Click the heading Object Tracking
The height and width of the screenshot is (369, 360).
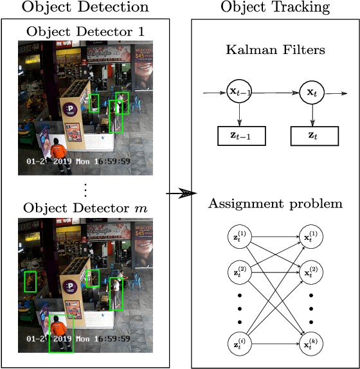click(275, 8)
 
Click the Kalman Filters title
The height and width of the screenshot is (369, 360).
click(275, 50)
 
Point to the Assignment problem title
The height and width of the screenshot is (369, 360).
click(275, 204)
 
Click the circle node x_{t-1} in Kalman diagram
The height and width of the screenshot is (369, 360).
click(240, 93)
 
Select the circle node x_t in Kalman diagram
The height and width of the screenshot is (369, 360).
click(312, 93)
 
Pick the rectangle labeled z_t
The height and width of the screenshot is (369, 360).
click(312, 136)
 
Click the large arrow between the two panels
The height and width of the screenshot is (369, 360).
click(181, 193)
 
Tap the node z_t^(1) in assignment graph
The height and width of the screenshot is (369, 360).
click(240, 237)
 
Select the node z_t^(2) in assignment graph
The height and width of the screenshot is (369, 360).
click(240, 272)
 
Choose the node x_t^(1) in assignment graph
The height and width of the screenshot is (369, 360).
click(312, 237)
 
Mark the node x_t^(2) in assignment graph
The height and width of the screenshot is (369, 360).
click(312, 272)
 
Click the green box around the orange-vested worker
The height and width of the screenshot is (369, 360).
click(62, 334)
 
